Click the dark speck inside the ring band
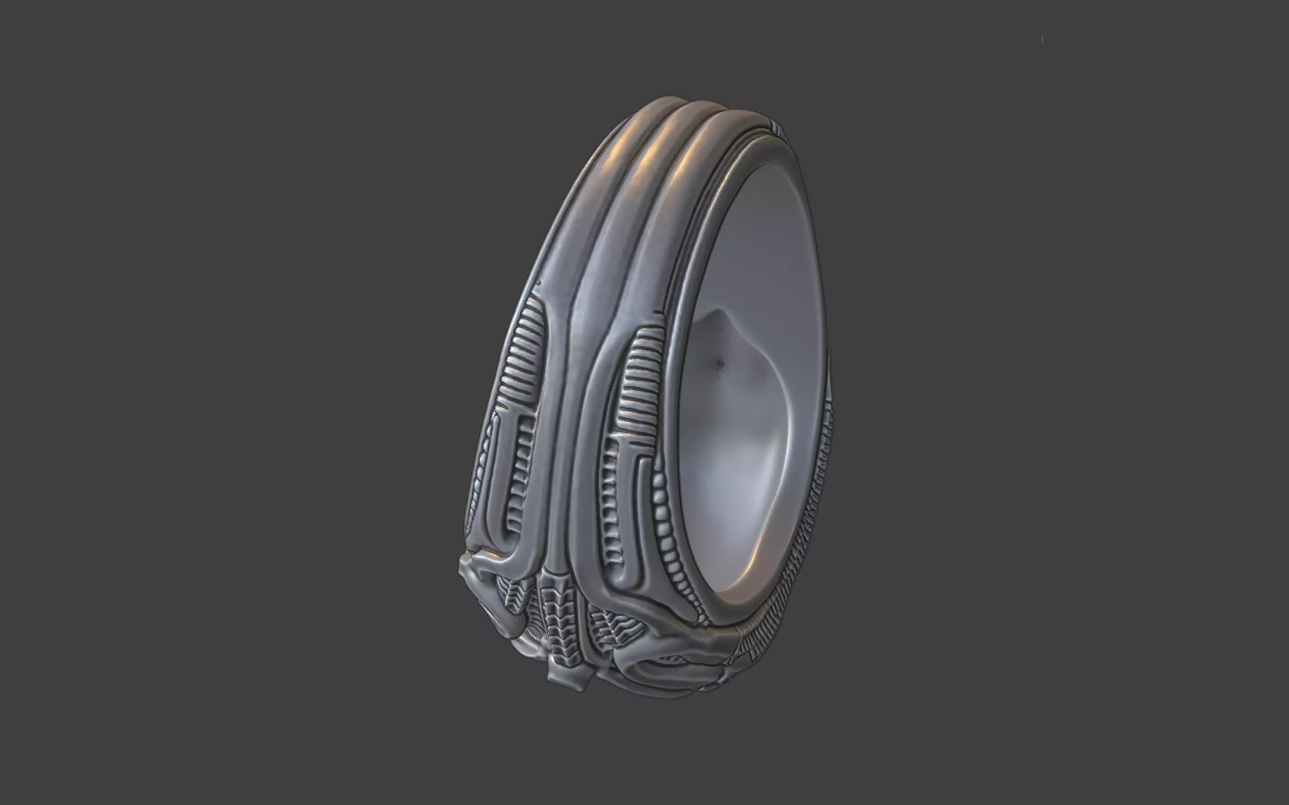[720, 364]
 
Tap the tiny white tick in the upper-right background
[1042, 39]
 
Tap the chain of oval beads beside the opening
[662, 511]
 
